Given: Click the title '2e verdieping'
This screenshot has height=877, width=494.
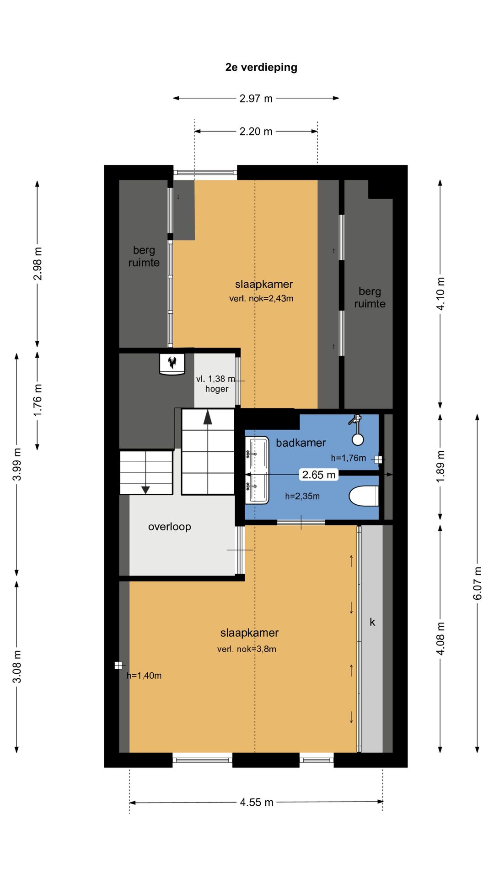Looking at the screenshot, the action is point(261,67).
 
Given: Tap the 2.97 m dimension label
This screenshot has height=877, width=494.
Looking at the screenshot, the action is point(256,98).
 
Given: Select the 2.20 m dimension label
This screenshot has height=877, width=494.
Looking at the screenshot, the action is point(256,132).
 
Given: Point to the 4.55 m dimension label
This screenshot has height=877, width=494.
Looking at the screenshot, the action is point(257,802).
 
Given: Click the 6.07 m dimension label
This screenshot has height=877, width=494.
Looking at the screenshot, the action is point(477,583).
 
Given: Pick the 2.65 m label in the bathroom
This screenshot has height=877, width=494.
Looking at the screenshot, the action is point(319,475).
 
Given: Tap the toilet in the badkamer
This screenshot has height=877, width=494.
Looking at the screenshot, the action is point(364,496).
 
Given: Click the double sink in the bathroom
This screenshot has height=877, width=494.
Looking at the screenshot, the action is point(257,470).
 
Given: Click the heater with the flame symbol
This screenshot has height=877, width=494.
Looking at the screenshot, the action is point(172,364).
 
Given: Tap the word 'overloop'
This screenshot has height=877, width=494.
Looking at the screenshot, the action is point(169,527).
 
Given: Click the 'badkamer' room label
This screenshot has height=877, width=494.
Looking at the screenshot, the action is point(301,443).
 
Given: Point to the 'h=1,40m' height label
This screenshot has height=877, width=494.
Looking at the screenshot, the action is point(144,676).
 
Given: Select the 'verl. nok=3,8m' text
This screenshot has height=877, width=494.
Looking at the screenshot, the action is point(247,649).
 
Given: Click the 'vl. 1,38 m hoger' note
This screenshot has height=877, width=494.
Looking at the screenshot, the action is point(216,384).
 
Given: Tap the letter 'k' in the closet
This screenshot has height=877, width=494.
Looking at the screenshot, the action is point(372,622).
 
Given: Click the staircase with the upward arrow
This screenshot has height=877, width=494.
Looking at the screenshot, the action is point(208,452).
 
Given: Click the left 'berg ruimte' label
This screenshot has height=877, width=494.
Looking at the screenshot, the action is point(144,256).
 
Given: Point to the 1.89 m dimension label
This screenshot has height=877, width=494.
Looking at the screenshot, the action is point(440,466).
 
